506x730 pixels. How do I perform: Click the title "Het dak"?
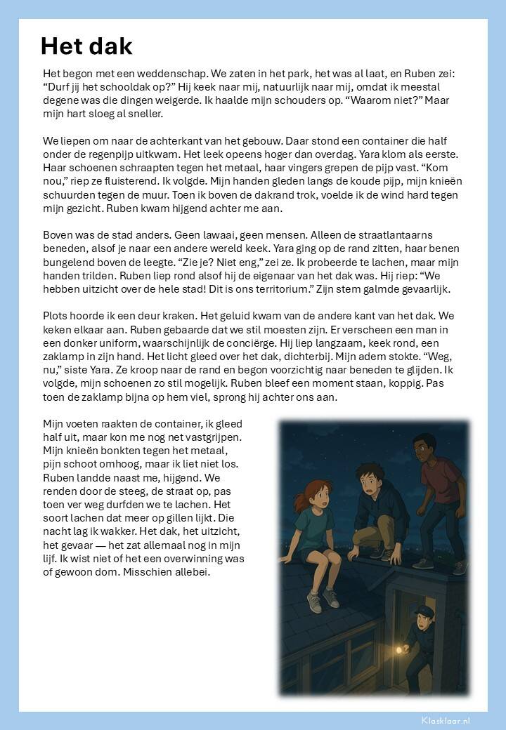[86, 46]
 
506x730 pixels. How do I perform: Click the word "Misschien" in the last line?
[157, 572]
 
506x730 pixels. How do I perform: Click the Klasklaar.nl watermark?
[446, 720]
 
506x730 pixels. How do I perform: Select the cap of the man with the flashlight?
[424, 611]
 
